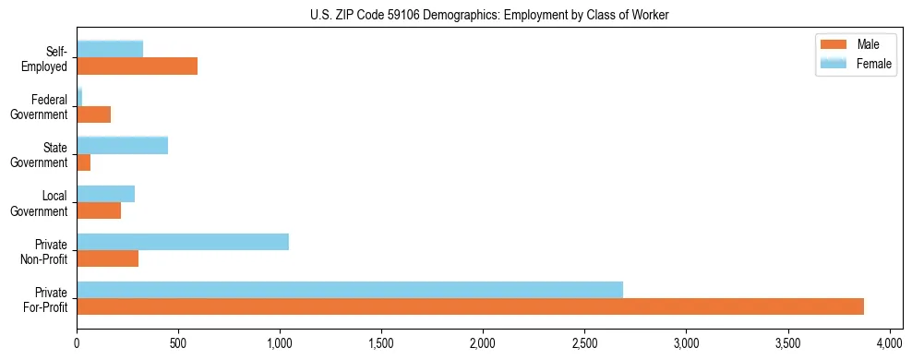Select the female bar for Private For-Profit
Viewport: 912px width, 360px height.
(350, 289)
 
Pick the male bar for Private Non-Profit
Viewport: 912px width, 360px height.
(108, 258)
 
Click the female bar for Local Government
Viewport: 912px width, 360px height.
(106, 194)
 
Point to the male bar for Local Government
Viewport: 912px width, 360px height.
(99, 210)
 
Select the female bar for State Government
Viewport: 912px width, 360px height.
(123, 145)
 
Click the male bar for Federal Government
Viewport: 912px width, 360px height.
(94, 114)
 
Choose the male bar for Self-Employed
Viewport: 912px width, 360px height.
(138, 66)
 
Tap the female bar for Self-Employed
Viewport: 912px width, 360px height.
(110, 49)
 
